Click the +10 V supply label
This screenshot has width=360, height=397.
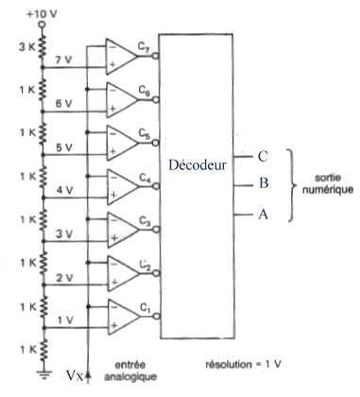[x=42, y=14]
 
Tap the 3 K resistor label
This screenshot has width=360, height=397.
[x=28, y=48]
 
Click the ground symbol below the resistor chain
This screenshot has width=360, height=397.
[x=43, y=373]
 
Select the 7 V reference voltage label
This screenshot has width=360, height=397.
[x=62, y=60]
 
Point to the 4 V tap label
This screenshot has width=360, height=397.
[x=64, y=190]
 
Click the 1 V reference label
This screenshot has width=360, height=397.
[x=65, y=320]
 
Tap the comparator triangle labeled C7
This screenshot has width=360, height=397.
[x=122, y=57]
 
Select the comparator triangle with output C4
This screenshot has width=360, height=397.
[x=123, y=187]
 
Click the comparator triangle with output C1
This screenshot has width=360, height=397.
[x=124, y=317]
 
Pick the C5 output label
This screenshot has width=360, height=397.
[x=145, y=134]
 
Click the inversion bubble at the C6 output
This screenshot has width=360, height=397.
[x=156, y=100]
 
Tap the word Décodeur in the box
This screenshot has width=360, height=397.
[x=197, y=164]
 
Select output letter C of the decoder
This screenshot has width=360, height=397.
[x=263, y=156]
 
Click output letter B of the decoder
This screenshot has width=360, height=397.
[x=264, y=182]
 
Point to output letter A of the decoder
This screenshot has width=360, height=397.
[x=264, y=215]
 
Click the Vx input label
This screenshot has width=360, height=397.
[x=75, y=375]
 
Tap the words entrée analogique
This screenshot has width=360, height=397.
[x=130, y=371]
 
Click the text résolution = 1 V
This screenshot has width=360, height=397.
[x=243, y=364]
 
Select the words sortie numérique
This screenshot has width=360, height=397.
[x=328, y=183]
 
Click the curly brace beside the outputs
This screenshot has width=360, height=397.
[x=292, y=184]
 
